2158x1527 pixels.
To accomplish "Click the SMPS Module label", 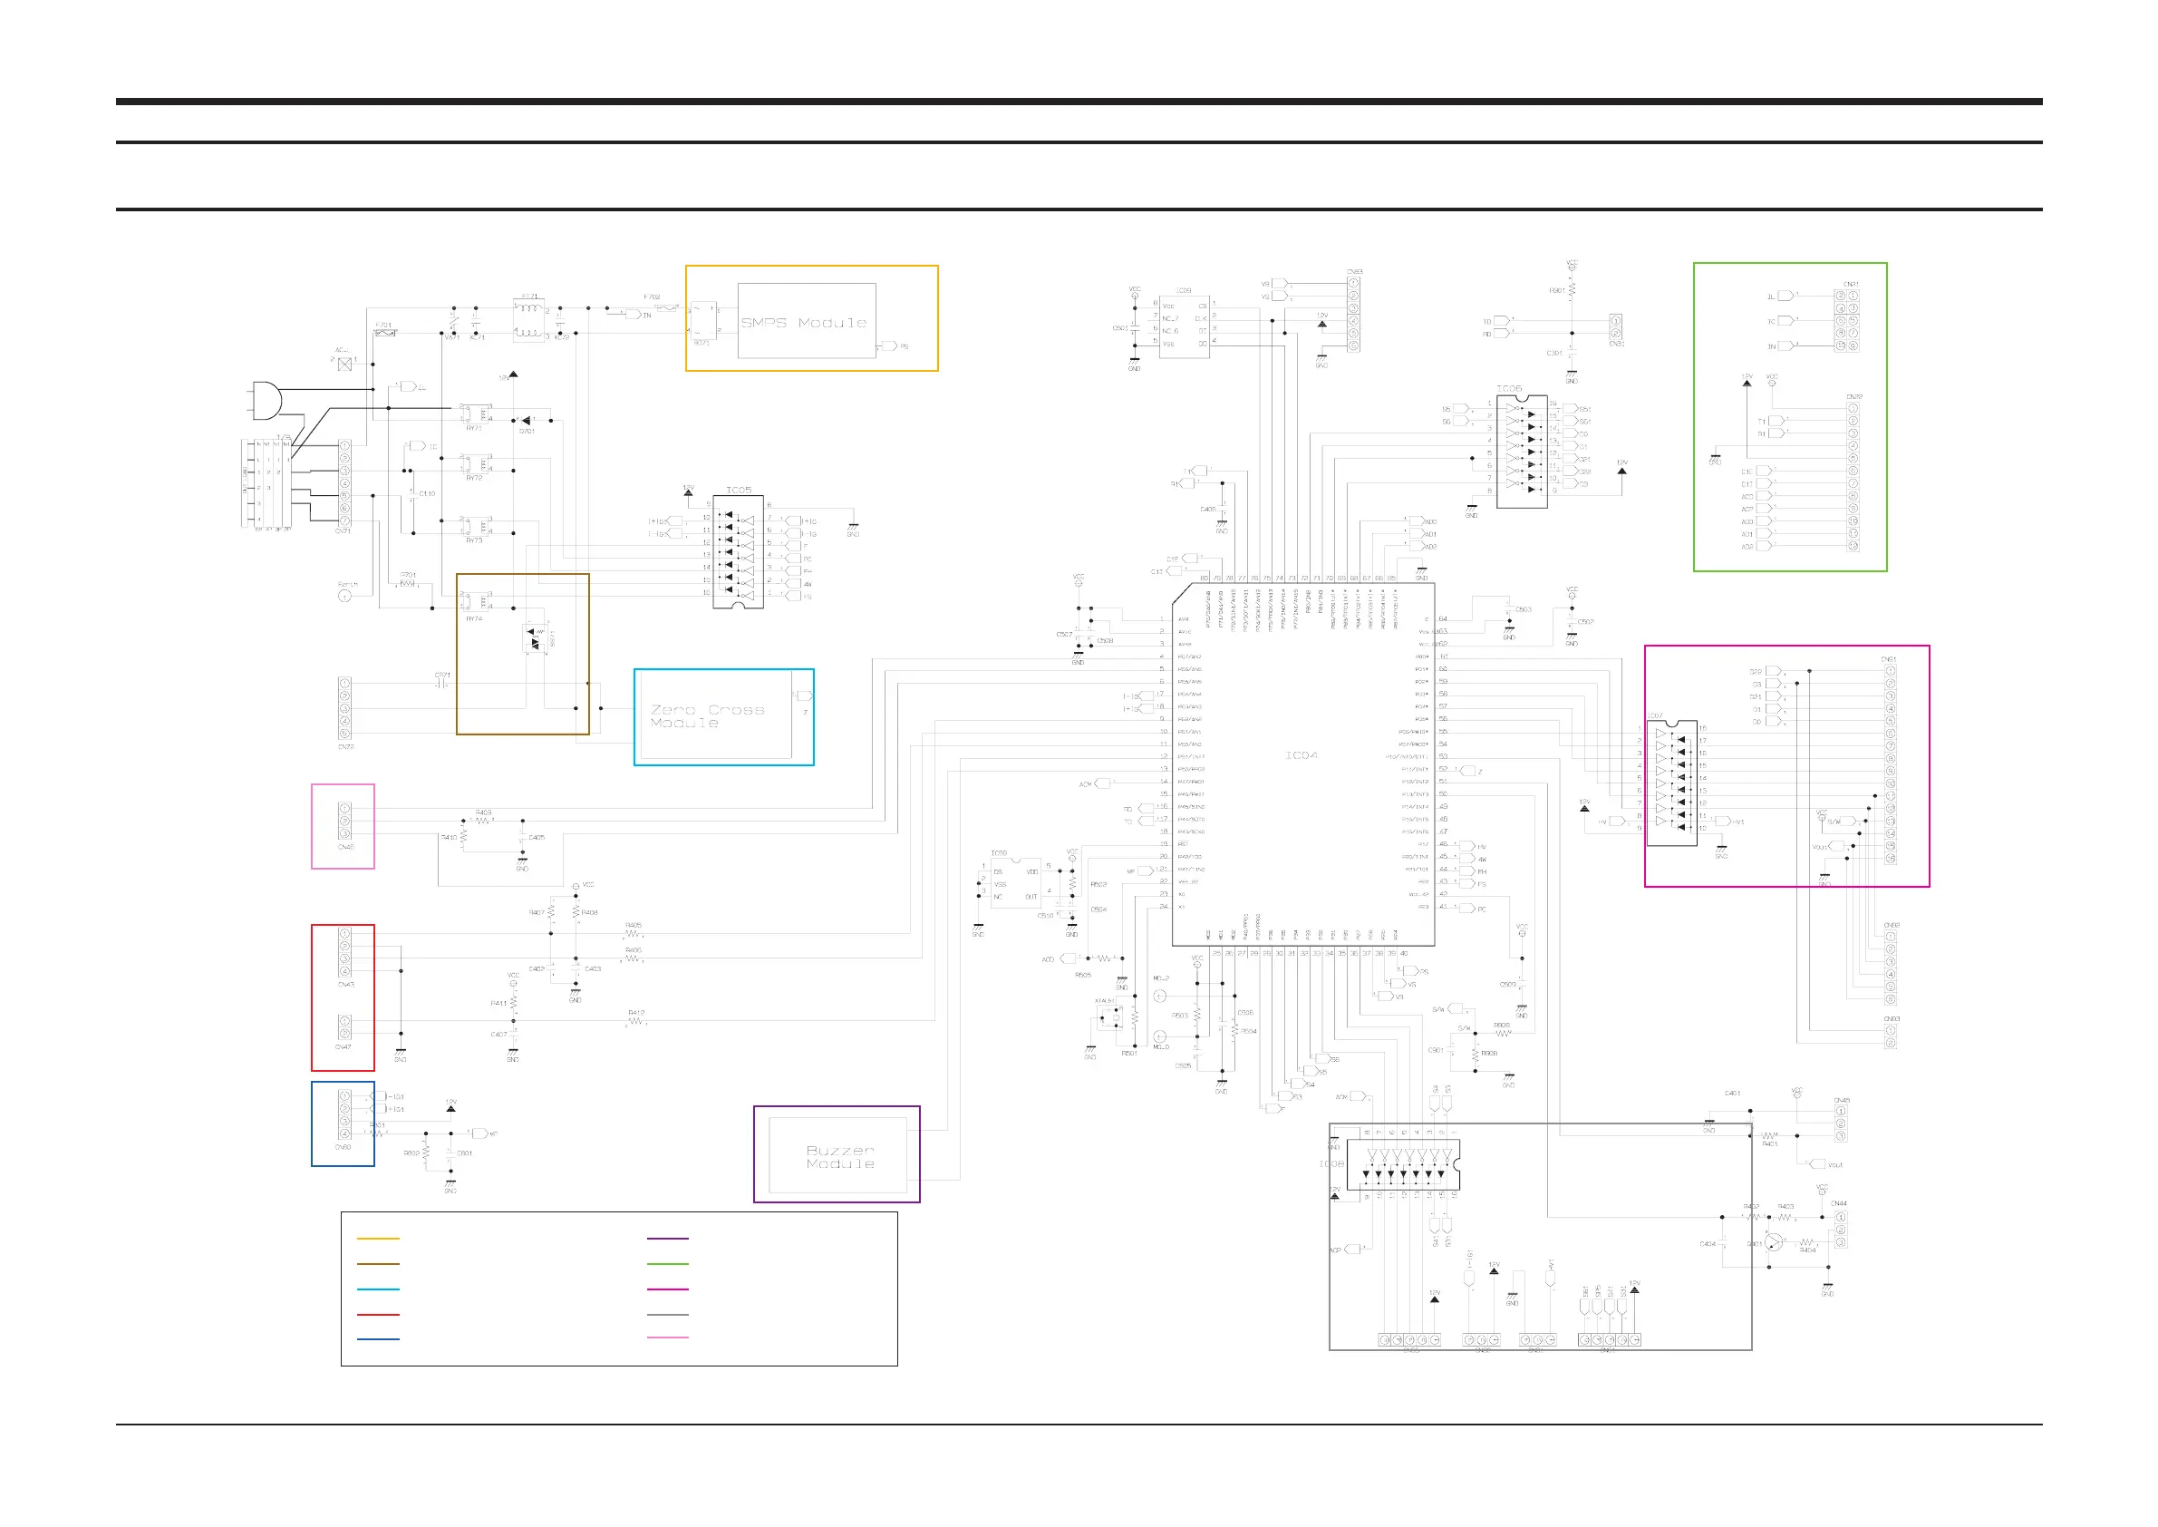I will pos(804,323).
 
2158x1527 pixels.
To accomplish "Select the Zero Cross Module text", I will pos(707,716).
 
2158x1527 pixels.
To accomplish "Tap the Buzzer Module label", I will pos(840,1156).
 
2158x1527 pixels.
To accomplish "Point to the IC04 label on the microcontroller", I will pos(1301,755).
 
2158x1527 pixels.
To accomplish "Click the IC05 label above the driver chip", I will pos(739,490).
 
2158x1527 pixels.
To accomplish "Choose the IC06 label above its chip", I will pos(1508,387).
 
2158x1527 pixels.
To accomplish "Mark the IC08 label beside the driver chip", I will pos(1331,1163).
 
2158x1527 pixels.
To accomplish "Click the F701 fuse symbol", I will pos(384,333).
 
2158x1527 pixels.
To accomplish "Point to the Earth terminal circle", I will pos(345,596).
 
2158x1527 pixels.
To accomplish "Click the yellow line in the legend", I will pos(378,1239).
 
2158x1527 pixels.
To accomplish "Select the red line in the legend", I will pos(378,1315).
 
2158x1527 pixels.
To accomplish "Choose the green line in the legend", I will pos(667,1264).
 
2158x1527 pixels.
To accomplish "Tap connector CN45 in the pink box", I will pos(345,821).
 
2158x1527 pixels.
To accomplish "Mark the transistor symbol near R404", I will pos(1773,1243).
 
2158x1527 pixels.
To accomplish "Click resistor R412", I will pos(636,1020).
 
